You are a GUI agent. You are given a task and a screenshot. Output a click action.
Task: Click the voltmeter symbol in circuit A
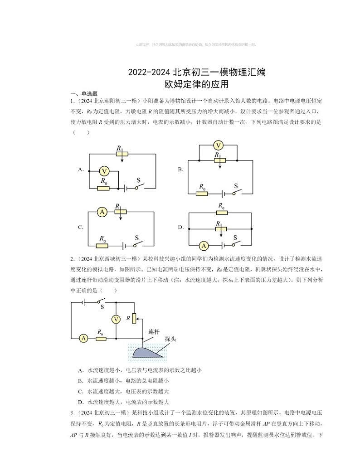(104, 171)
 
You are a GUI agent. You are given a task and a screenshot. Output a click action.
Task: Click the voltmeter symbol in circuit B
(219, 146)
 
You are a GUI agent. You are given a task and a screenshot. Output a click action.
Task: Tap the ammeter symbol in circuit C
(102, 212)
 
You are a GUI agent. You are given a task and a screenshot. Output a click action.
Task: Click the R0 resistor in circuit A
(103, 188)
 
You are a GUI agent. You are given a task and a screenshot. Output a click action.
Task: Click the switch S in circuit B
(236, 192)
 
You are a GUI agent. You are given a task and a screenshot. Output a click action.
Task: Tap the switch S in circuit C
(137, 245)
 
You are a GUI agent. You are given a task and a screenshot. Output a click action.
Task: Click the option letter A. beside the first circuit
(81, 170)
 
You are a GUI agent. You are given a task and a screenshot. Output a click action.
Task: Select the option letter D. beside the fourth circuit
(180, 227)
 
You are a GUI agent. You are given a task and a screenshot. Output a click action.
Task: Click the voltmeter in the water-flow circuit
(116, 319)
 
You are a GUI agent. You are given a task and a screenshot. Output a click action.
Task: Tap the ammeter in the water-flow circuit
(83, 338)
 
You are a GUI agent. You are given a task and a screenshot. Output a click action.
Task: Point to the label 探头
(170, 339)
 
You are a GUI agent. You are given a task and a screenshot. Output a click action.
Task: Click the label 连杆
(154, 332)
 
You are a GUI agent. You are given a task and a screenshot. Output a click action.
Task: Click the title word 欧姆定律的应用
(196, 84)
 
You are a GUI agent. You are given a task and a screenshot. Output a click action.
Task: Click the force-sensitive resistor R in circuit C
(120, 212)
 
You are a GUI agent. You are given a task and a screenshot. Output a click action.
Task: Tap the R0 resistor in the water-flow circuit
(101, 338)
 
